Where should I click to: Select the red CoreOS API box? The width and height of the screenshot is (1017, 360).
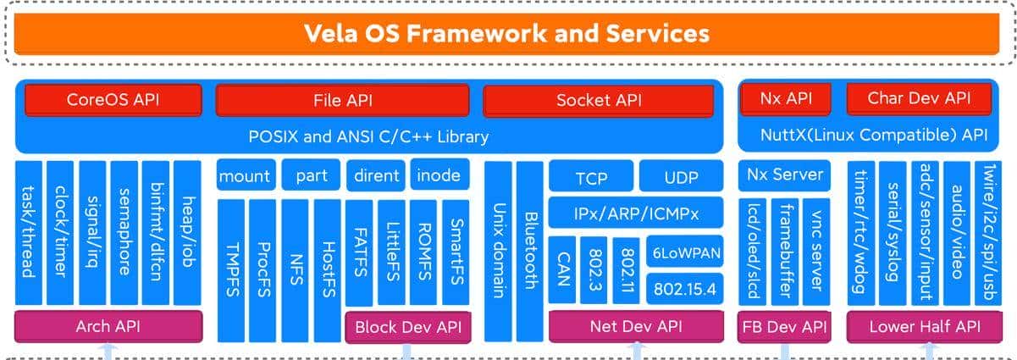(113, 100)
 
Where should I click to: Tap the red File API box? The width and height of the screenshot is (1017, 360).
(343, 100)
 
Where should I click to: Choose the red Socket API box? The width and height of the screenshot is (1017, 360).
(599, 100)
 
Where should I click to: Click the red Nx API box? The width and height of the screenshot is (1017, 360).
(787, 98)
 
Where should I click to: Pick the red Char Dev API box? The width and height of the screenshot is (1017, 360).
(919, 98)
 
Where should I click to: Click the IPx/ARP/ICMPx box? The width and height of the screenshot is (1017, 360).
(636, 211)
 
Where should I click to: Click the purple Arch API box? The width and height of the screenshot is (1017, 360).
(108, 326)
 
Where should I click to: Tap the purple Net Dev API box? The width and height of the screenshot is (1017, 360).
(636, 326)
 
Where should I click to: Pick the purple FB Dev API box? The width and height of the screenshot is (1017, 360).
(784, 326)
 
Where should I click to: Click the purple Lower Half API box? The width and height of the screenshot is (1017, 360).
(924, 326)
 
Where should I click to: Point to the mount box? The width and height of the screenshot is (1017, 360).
(245, 176)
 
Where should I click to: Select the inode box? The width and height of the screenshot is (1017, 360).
(439, 176)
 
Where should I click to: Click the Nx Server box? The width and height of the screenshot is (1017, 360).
(785, 175)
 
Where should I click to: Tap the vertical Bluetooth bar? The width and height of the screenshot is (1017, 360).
(530, 250)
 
